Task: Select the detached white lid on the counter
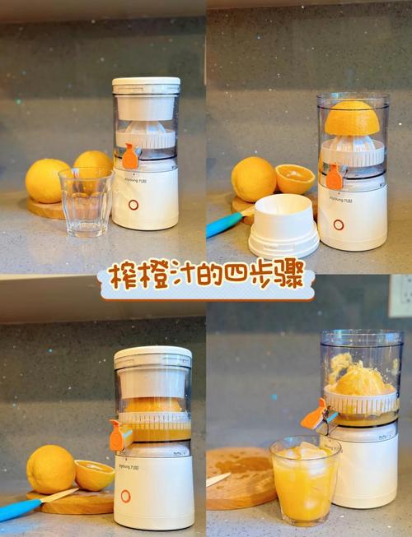point(283,225)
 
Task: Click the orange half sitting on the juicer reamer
point(352,118)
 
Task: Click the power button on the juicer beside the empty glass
point(133,205)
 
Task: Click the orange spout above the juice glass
point(314,414)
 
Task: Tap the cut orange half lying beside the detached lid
point(294,178)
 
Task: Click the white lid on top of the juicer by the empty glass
point(146,86)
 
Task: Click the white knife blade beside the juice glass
point(218,479)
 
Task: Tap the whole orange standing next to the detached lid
point(254,178)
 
